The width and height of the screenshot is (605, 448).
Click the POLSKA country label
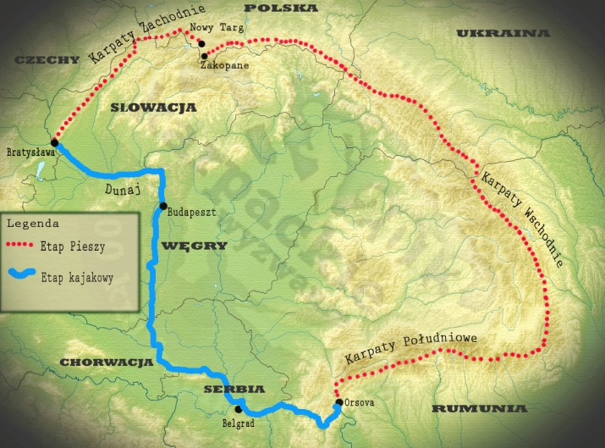(x=281, y=8)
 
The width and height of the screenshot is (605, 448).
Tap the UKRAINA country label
(x=503, y=33)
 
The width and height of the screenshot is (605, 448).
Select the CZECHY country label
(x=41, y=60)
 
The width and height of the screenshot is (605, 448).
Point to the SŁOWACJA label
(x=153, y=108)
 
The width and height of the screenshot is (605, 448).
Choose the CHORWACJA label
(x=106, y=362)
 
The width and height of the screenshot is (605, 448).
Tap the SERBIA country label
(x=234, y=389)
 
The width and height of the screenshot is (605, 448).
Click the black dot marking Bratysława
(x=54, y=142)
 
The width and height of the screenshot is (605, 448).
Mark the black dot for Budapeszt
(x=162, y=206)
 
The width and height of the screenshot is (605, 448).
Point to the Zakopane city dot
(x=204, y=56)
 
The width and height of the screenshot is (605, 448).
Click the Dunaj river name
(x=124, y=191)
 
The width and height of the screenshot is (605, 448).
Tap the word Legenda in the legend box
(x=32, y=224)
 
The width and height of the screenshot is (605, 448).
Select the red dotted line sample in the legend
(x=28, y=246)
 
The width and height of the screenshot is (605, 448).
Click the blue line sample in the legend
(x=28, y=274)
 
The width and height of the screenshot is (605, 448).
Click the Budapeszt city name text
(x=192, y=212)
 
